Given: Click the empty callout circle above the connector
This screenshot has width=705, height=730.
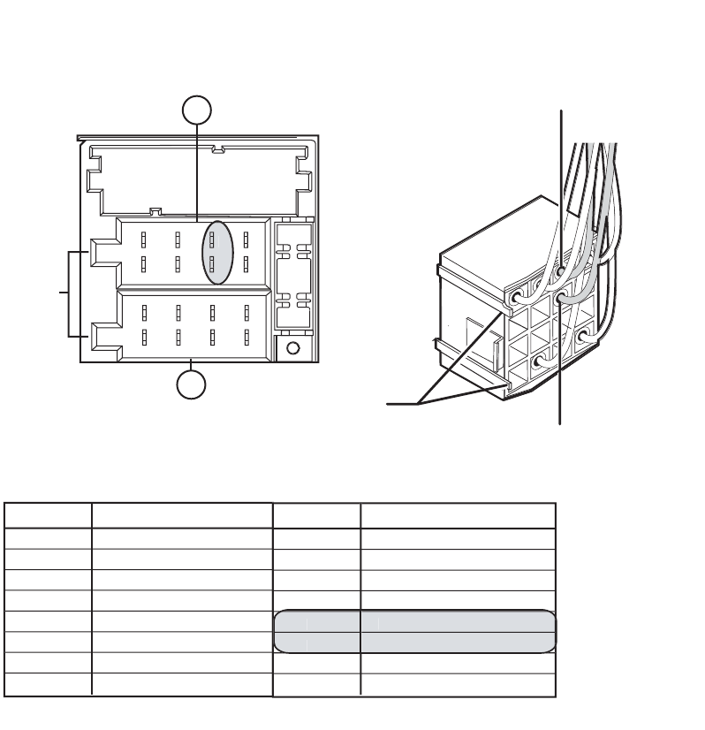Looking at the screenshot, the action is click(197, 111).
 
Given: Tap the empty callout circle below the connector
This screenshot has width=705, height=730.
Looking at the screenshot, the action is click(192, 386).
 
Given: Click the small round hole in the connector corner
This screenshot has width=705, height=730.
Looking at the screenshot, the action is click(293, 348).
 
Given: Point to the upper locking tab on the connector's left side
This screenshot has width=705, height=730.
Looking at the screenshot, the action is click(101, 251).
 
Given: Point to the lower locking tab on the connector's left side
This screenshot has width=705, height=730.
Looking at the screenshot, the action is click(101, 337).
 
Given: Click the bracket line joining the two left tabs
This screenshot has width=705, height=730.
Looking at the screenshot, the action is click(70, 293).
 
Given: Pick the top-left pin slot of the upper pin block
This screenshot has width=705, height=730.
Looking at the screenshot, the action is click(143, 239).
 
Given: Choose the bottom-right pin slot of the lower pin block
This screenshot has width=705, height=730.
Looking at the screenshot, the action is click(246, 338).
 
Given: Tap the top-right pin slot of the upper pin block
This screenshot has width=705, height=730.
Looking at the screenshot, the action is click(246, 239).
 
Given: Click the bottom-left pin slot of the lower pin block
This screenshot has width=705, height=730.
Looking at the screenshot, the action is click(143, 338).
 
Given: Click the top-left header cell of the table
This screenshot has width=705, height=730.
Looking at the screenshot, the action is click(49, 516).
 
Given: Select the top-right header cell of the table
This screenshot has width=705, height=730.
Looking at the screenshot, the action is click(458, 516).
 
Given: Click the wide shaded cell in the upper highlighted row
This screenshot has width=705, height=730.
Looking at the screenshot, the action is click(458, 621).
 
